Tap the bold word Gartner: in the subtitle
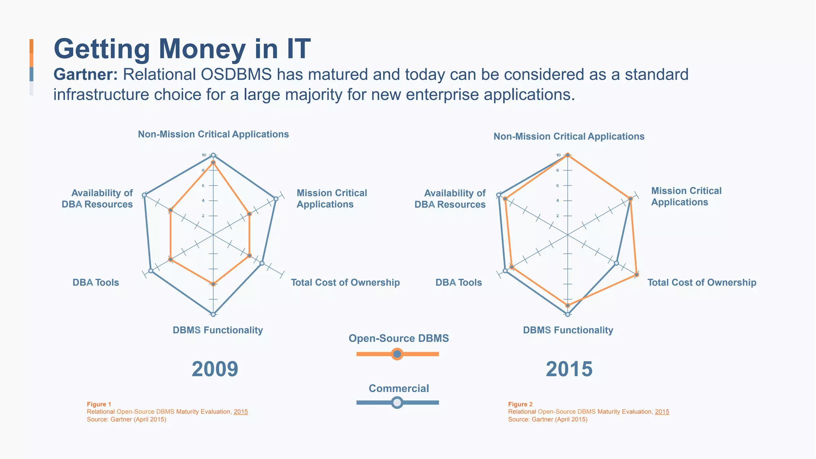pyautogui.click(x=86, y=75)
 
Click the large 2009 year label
pyautogui.click(x=215, y=369)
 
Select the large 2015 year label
pyautogui.click(x=569, y=369)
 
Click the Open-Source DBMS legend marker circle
pyautogui.click(x=397, y=354)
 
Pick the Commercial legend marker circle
pyautogui.click(x=397, y=402)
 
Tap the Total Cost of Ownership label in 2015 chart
pyautogui.click(x=702, y=282)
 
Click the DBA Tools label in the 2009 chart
pyautogui.click(x=96, y=282)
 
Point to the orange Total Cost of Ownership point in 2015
pyautogui.click(x=637, y=275)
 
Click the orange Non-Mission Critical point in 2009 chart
pyautogui.click(x=213, y=163)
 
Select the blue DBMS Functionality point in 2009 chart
pyautogui.click(x=213, y=314)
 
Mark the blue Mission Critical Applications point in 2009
pyautogui.click(x=275, y=198)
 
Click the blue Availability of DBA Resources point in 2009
pyautogui.click(x=144, y=195)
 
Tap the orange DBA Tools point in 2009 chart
pyautogui.click(x=171, y=260)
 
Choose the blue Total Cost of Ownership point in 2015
pyautogui.click(x=616, y=263)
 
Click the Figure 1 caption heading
pyautogui.click(x=99, y=404)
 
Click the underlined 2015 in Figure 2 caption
pyautogui.click(x=662, y=412)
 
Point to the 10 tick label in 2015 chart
pyautogui.click(x=558, y=155)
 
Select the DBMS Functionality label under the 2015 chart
pyautogui.click(x=568, y=330)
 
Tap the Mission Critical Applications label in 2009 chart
pyautogui.click(x=331, y=198)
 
